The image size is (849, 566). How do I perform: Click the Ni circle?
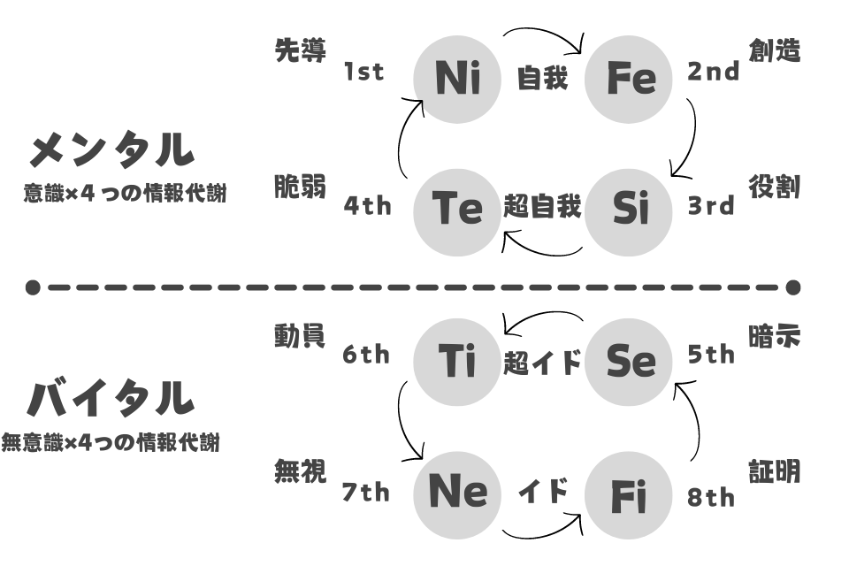(x=457, y=79)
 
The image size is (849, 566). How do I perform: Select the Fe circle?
(x=628, y=79)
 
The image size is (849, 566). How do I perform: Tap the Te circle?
(x=457, y=211)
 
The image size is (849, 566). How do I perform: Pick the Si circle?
(x=628, y=211)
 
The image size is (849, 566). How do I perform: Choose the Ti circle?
(x=457, y=362)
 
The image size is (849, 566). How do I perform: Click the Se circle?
(x=628, y=362)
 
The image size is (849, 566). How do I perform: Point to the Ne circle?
(x=457, y=495)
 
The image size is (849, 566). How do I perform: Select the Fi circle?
(x=628, y=495)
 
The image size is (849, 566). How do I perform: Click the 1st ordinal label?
(x=363, y=72)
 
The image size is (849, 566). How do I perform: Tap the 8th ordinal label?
(x=711, y=497)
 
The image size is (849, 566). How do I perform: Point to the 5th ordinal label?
(x=711, y=355)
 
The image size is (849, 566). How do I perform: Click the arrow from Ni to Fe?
(x=544, y=30)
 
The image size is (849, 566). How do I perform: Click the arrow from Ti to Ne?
(x=402, y=420)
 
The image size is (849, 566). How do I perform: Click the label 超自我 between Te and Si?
(x=542, y=206)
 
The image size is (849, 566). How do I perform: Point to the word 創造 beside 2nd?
(x=775, y=51)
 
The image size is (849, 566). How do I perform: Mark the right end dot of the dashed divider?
(x=793, y=287)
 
